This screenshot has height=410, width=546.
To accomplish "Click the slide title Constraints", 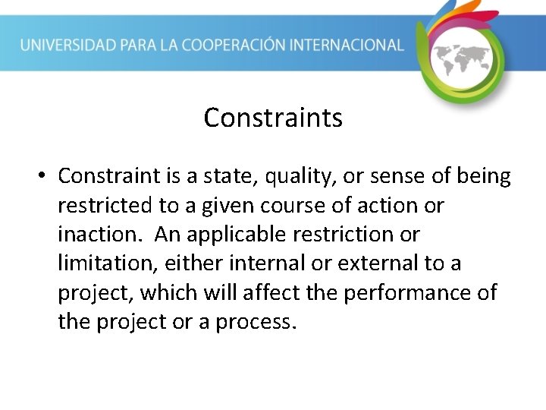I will tap(273, 118).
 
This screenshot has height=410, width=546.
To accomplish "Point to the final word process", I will tap(254, 323).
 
